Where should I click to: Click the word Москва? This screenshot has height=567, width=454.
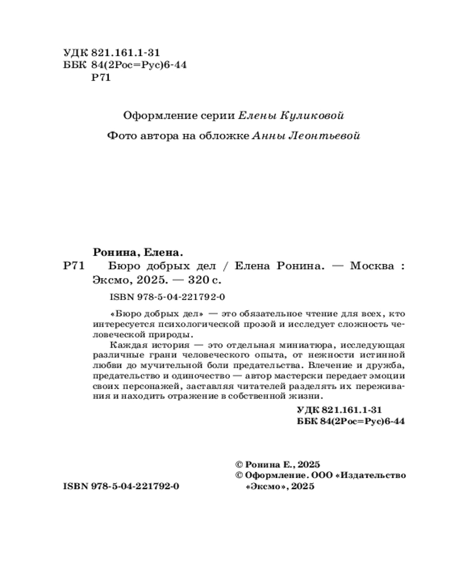click(x=371, y=266)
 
